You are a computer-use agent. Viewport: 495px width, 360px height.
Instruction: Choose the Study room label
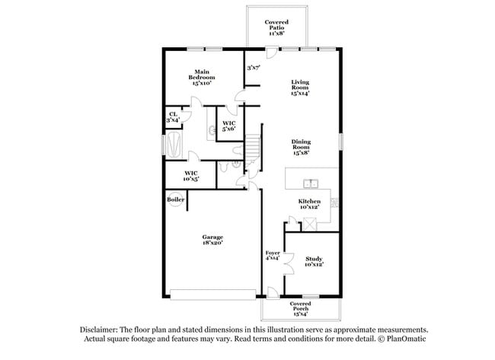click(x=314, y=260)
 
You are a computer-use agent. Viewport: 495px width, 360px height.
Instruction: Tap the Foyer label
click(x=272, y=256)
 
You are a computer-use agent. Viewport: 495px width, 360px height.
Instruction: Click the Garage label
click(x=212, y=241)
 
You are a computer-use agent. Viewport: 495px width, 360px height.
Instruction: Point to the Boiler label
click(x=175, y=199)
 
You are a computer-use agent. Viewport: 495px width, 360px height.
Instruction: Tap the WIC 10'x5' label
click(x=191, y=176)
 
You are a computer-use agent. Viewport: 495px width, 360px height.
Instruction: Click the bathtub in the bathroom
click(x=175, y=144)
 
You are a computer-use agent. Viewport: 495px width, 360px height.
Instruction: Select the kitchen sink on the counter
click(x=311, y=183)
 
